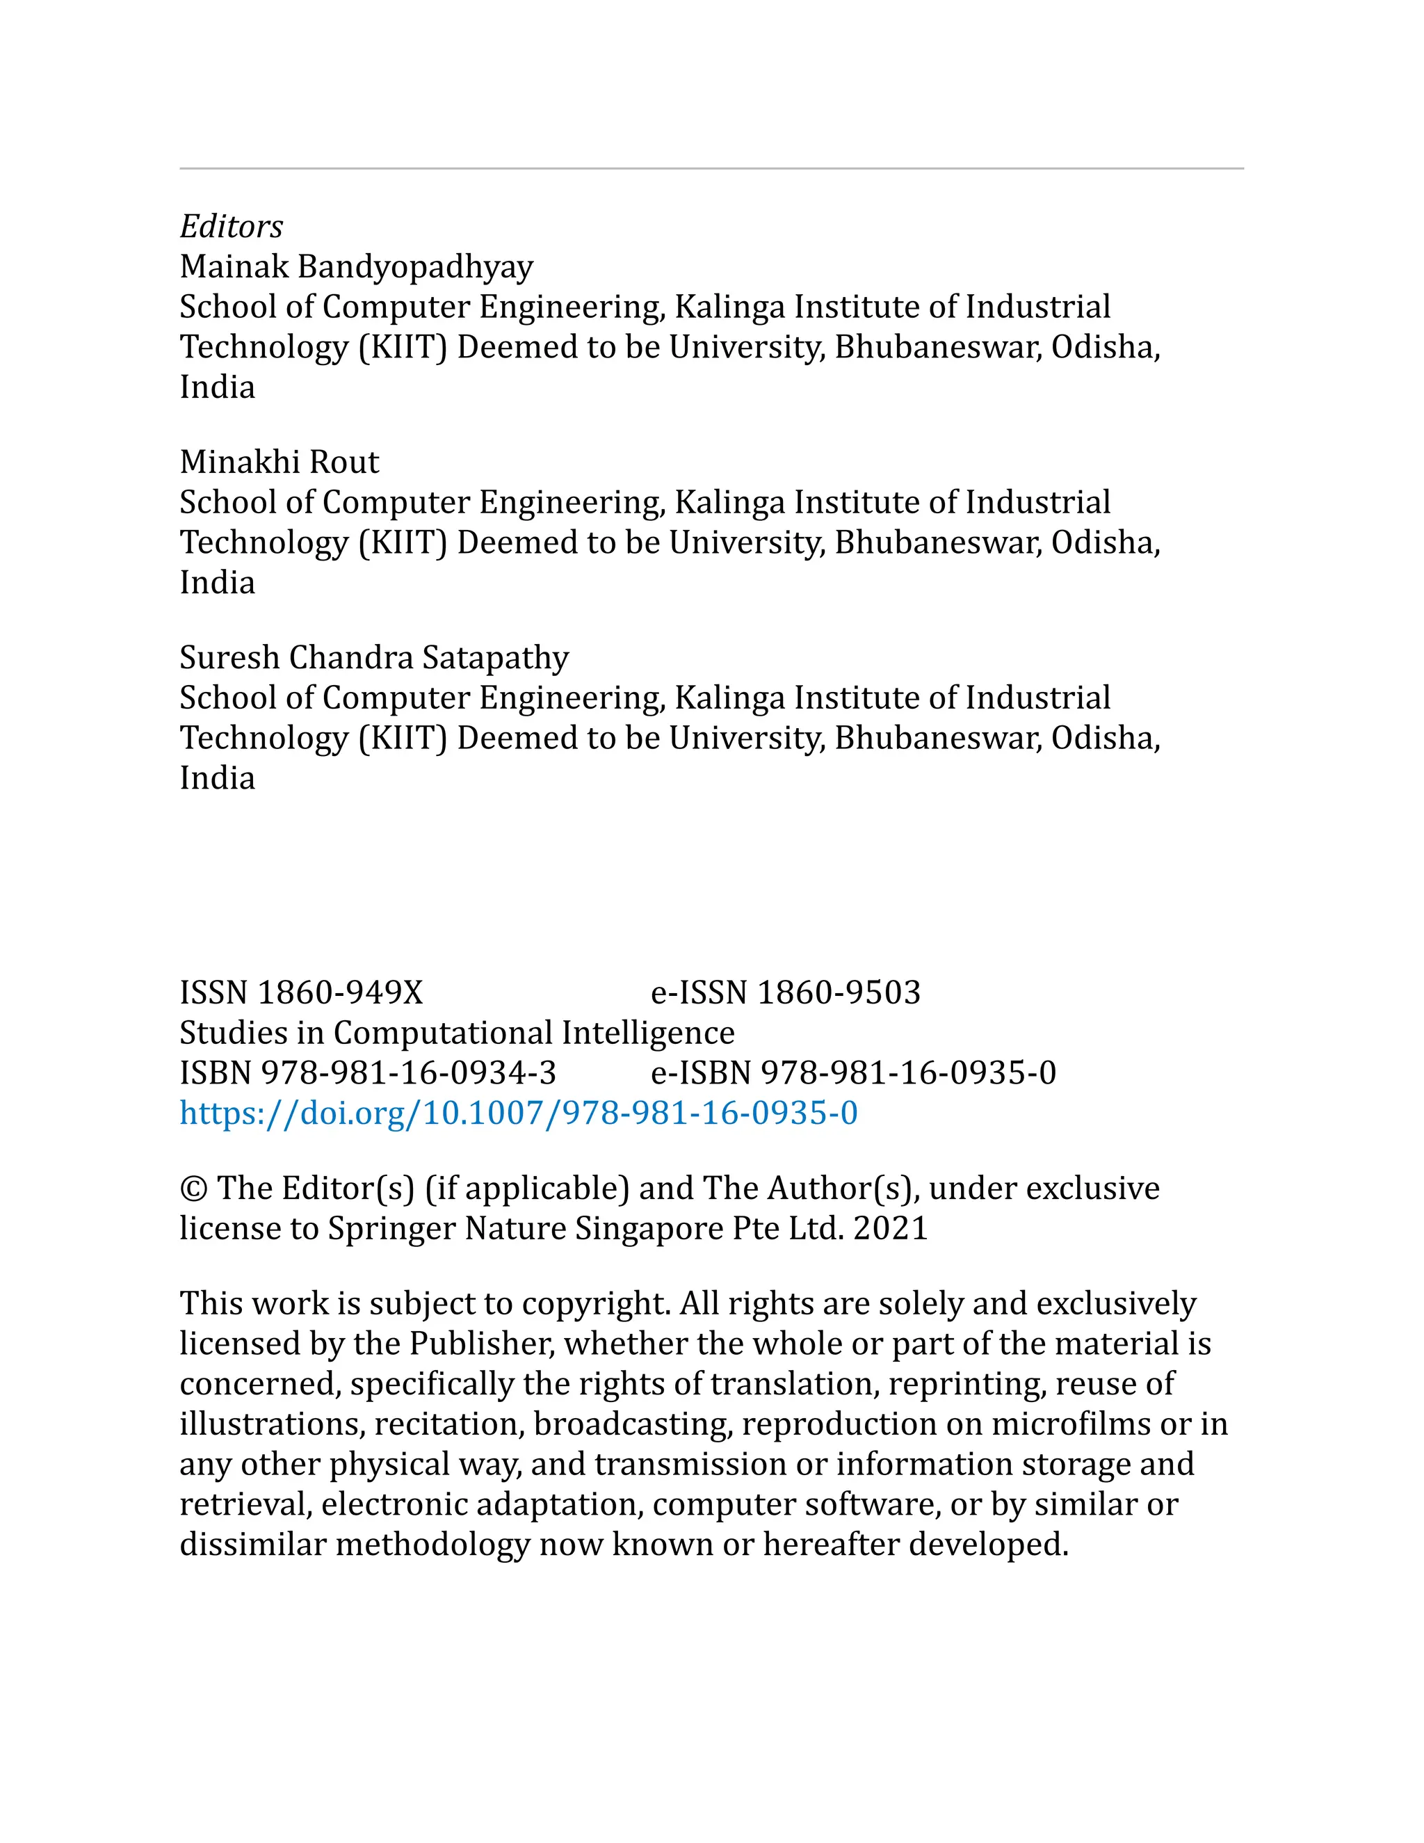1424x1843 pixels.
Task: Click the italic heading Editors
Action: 231,226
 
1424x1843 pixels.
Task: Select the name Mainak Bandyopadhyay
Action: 356,266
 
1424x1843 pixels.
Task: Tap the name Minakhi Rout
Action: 280,462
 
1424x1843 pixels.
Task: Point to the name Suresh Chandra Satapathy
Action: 373,657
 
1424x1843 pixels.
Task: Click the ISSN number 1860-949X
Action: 339,992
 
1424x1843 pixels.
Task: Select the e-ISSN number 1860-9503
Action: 839,992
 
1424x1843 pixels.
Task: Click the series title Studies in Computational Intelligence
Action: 456,1033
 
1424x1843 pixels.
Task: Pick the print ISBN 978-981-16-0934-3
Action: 408,1072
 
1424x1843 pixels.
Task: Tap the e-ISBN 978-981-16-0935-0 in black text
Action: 907,1072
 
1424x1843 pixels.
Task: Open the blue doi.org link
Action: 518,1113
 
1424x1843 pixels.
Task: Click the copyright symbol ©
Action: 193,1188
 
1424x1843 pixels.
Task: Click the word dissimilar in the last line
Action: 252,1544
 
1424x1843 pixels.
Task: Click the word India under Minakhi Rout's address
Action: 217,582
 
